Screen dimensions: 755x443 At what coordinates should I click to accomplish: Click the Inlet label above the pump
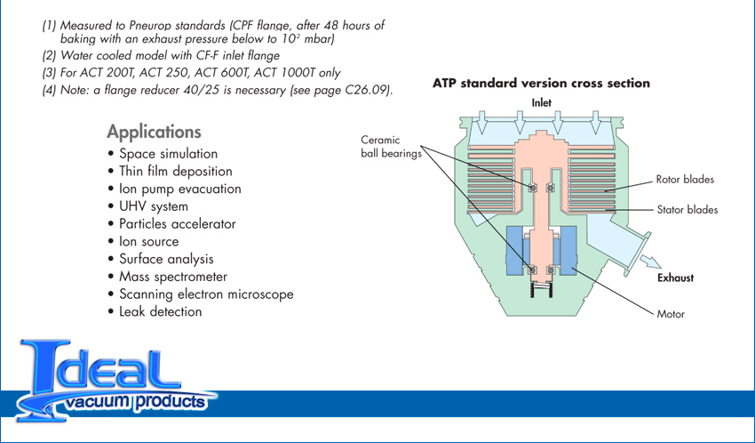point(541,102)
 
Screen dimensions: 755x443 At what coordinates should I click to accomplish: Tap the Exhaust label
point(676,278)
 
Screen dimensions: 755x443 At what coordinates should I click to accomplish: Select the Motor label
point(671,314)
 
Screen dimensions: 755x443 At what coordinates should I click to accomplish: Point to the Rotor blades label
point(685,180)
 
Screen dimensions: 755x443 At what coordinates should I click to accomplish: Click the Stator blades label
point(687,210)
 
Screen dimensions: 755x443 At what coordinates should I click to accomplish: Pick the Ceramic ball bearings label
point(391,147)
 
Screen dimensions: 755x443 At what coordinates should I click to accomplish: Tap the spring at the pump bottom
point(541,290)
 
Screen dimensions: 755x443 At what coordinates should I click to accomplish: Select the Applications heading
point(154,132)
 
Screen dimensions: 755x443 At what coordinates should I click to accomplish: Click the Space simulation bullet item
point(163,154)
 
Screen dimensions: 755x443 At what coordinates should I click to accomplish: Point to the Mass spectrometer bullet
point(168,277)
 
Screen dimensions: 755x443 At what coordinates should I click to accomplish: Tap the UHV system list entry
point(148,206)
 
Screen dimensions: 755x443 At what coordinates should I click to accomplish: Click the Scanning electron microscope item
point(201,294)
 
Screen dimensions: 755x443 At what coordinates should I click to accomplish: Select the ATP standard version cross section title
point(541,83)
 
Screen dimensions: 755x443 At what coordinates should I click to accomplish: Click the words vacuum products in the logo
point(137,401)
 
